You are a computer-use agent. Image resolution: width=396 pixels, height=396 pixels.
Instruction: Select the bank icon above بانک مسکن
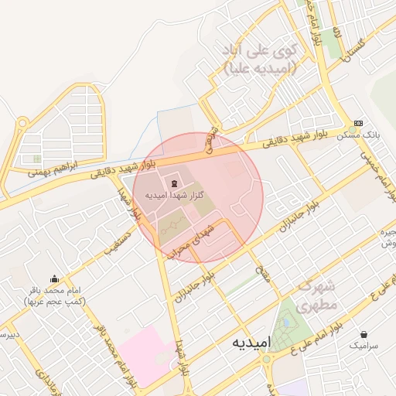[358, 123]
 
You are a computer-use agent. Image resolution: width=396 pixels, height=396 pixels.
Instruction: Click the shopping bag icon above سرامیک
[364, 336]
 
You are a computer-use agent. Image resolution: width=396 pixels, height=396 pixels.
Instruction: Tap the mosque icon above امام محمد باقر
[54, 278]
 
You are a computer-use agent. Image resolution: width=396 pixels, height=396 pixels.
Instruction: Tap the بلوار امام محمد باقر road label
[108, 347]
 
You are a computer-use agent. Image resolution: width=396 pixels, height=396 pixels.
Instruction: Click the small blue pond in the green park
[285, 323]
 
